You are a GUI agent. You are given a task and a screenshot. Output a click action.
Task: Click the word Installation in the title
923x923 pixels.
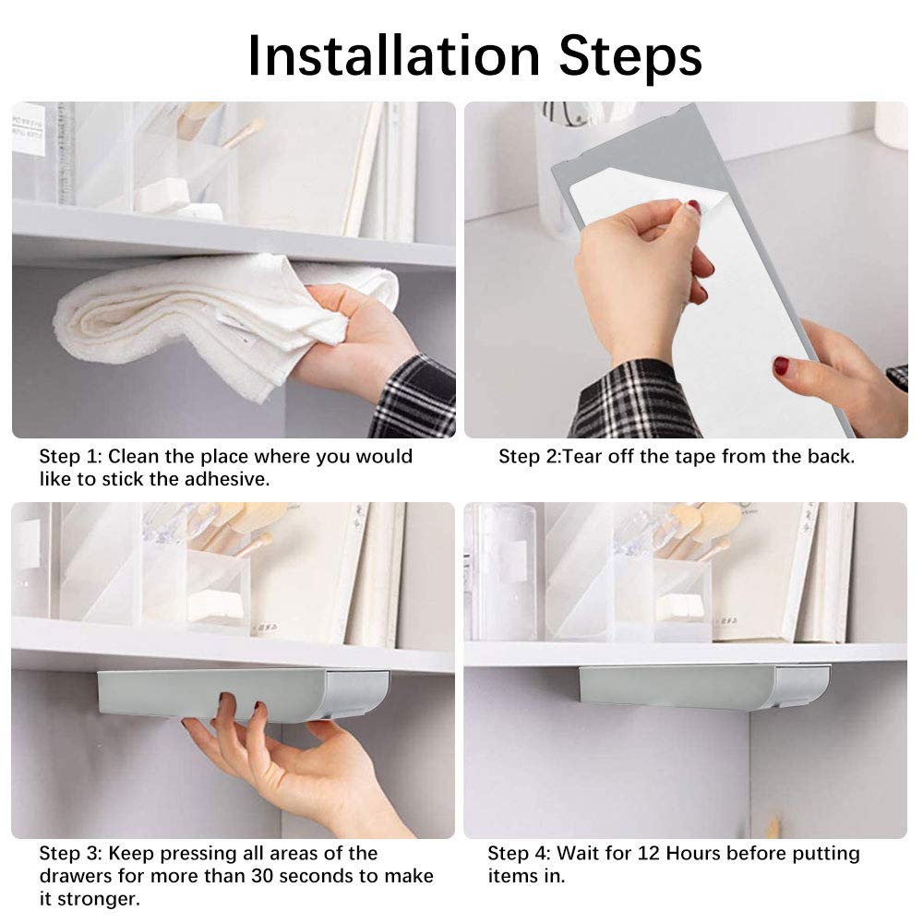point(394,56)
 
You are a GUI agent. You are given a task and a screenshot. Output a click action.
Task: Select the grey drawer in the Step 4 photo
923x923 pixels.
point(704,687)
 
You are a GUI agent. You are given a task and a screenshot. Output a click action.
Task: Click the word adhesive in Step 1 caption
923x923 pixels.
point(227,479)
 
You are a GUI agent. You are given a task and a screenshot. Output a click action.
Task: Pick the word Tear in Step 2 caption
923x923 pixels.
point(582,456)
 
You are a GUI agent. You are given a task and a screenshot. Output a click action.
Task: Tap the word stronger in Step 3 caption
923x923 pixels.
point(99,899)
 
